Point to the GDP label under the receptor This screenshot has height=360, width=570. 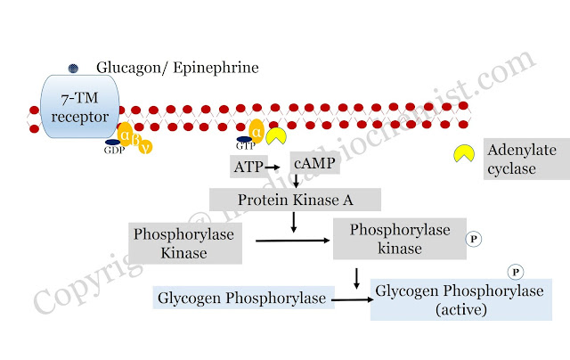click(x=113, y=151)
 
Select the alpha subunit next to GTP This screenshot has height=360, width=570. click(x=257, y=131)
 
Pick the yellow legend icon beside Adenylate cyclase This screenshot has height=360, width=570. click(x=463, y=153)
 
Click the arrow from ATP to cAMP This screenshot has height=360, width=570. click(x=272, y=166)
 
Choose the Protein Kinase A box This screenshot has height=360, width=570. click(x=294, y=198)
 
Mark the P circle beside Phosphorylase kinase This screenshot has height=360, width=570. click(x=475, y=239)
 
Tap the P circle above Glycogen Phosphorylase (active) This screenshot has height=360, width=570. click(x=514, y=272)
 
